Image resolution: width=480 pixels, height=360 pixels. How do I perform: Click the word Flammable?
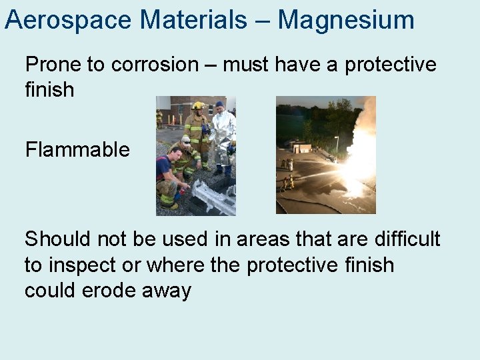77,149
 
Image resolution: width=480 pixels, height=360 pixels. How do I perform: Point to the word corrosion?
155,65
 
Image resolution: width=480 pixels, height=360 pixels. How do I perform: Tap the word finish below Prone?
49,89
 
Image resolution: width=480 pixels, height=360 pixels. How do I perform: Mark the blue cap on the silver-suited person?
219,104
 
